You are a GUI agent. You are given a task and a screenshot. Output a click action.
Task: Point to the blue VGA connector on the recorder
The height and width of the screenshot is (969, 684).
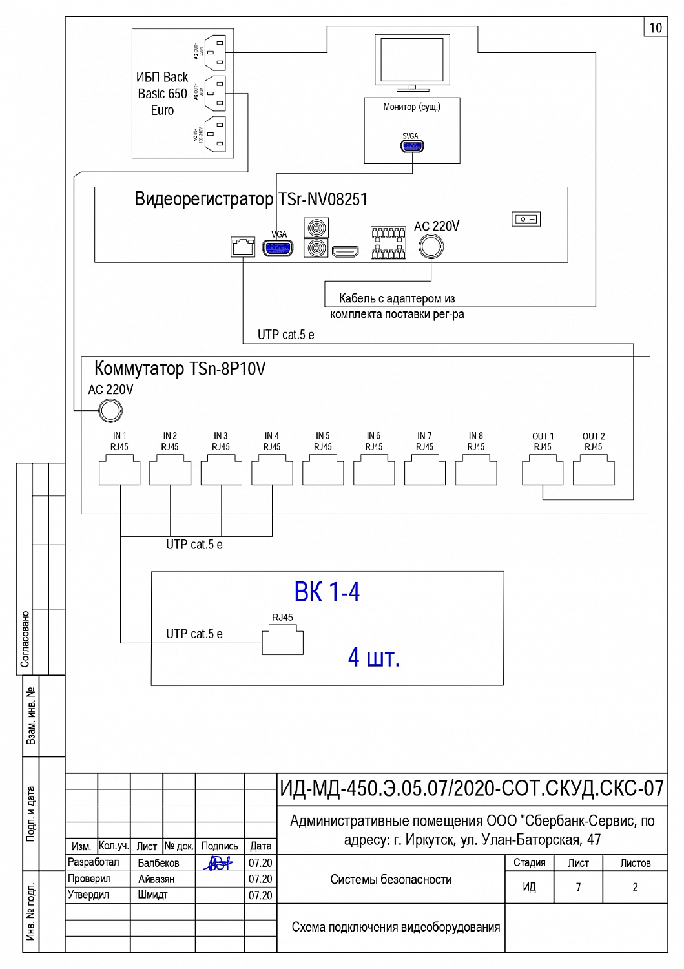point(278,248)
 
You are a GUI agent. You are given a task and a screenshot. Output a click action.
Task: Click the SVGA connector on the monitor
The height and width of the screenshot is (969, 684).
point(411,147)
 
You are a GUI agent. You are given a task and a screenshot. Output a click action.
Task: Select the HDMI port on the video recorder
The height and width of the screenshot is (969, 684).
point(345,251)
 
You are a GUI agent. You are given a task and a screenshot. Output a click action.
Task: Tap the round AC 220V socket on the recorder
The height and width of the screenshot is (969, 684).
point(431,246)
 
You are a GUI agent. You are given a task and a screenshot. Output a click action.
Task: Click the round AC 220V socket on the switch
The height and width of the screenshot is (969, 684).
point(110,410)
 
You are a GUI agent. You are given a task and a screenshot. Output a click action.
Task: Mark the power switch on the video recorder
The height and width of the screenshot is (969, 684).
point(526,219)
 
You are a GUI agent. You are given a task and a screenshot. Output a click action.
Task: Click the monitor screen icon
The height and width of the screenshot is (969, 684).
point(412,61)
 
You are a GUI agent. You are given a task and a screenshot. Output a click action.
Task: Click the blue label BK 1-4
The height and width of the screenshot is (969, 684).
point(327,592)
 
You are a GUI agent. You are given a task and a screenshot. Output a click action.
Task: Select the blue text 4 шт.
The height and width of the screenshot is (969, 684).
point(373,658)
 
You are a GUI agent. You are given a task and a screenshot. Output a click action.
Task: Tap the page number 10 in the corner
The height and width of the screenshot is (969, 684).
point(656,28)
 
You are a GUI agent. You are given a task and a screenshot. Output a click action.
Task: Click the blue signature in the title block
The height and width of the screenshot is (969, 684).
point(218,863)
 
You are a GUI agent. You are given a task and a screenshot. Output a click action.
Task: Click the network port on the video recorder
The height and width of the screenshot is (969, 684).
point(243,247)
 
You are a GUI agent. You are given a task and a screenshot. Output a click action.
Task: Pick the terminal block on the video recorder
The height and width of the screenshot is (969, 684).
point(388,243)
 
